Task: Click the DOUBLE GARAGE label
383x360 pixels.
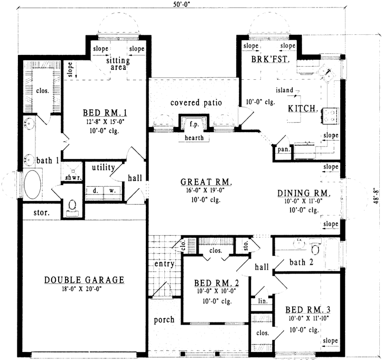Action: pyautogui.click(x=85, y=280)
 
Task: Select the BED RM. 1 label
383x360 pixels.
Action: pyautogui.click(x=104, y=113)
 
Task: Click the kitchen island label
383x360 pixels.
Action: pyautogui.click(x=284, y=90)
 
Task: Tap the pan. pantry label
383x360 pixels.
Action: pyautogui.click(x=282, y=150)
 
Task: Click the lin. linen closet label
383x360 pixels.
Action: pyautogui.click(x=262, y=300)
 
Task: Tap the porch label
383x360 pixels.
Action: pyautogui.click(x=164, y=320)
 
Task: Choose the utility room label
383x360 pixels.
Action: pyautogui.click(x=104, y=168)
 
